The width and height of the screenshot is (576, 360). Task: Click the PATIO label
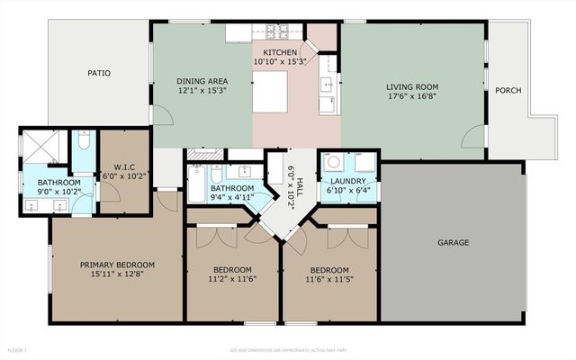pos(99,73)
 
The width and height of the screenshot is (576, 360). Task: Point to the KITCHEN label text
pos(280,53)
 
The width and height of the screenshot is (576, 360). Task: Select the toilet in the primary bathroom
pos(83,142)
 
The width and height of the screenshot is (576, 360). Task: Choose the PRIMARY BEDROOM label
pos(117,265)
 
